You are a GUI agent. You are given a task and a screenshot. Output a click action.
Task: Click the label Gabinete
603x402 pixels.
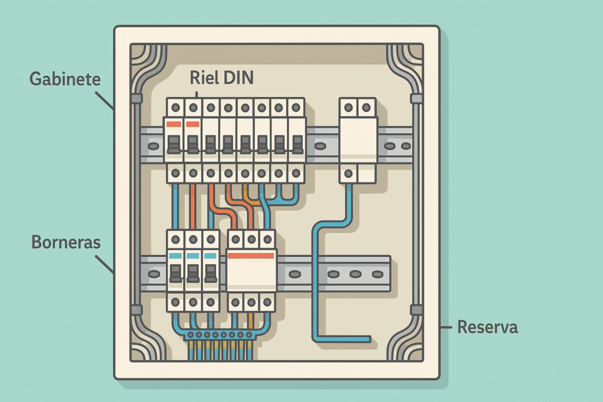(x=65, y=79)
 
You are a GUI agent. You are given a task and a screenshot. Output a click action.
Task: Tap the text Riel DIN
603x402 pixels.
(x=222, y=78)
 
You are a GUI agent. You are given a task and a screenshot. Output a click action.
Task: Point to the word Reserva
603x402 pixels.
(x=488, y=327)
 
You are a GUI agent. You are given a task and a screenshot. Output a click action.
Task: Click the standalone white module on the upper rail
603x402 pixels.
(x=358, y=141)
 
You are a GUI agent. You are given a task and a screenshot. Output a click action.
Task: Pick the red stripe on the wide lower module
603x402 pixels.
(x=251, y=255)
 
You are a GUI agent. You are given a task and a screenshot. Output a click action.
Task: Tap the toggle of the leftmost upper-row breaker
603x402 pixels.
(x=174, y=144)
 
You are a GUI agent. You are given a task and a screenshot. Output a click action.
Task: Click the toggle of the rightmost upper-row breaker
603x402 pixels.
(x=297, y=144)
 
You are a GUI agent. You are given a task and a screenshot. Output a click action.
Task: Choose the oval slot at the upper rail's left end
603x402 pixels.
(x=153, y=145)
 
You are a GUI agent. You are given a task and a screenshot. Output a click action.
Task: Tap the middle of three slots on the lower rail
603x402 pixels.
(x=354, y=274)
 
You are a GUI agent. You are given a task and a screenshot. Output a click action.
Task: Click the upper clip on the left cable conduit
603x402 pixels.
(x=137, y=98)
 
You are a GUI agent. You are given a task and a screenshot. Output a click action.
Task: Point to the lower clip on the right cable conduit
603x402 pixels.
(x=416, y=310)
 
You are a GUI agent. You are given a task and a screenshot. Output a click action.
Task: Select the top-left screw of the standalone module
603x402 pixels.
(x=349, y=107)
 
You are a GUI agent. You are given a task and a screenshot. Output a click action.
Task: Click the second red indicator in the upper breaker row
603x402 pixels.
(x=192, y=124)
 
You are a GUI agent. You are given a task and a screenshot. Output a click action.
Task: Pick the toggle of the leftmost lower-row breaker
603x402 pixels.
(x=175, y=273)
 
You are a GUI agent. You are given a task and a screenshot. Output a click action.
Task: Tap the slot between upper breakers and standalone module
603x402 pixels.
(x=320, y=145)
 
